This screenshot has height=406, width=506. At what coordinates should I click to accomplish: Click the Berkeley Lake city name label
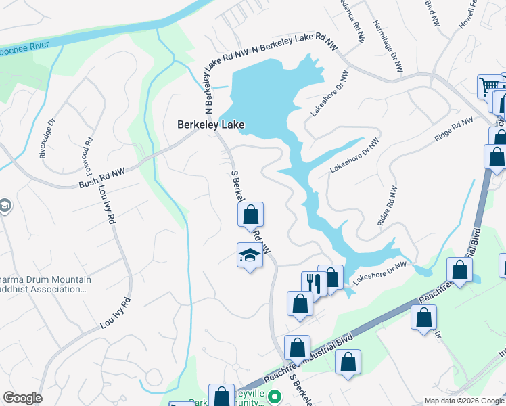210,125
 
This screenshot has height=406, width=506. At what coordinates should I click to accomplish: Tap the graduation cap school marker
250,256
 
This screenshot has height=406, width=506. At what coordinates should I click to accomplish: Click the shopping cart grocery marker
488,87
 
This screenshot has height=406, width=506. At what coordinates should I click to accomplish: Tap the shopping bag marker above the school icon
250,215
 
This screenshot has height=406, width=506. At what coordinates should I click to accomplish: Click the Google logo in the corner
22,398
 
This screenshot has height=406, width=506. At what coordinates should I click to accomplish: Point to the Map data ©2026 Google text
463,401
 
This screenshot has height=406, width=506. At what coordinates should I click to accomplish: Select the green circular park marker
274,396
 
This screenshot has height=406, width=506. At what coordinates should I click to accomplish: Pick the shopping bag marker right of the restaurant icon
331,277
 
